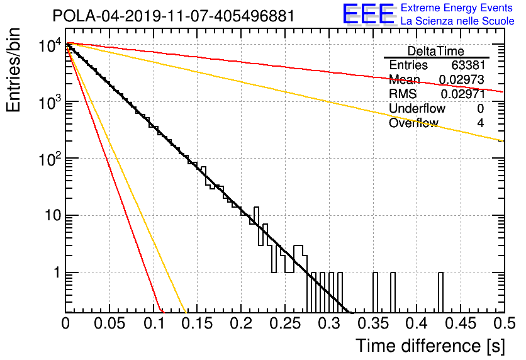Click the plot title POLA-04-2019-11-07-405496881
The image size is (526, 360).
174,16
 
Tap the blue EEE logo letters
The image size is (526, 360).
368,14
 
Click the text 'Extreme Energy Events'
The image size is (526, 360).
457,8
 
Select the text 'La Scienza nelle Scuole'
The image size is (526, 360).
457,21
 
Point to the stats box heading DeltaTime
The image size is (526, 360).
436,52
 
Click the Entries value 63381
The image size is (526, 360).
467,65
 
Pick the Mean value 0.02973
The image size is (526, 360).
462,79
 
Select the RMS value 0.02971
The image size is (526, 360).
463,94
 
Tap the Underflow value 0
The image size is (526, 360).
480,109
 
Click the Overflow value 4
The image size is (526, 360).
480,123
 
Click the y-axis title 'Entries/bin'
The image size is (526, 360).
13,70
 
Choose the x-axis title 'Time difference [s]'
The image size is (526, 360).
430,346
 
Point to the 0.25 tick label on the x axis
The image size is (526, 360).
286,323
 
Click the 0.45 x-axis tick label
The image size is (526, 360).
461,323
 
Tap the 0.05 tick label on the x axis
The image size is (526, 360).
109,323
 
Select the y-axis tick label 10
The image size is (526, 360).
53,215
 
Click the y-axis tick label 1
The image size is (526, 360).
57,273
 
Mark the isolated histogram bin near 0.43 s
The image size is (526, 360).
441,292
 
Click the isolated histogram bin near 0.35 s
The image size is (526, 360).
375,292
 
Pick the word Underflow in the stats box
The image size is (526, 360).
417,109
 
